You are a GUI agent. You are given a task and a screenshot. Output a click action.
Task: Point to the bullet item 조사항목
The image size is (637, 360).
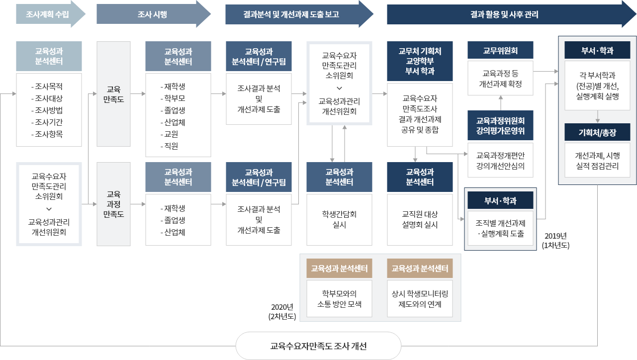tap(49, 134)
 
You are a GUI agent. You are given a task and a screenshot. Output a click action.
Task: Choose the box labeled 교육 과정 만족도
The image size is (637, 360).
tap(113, 204)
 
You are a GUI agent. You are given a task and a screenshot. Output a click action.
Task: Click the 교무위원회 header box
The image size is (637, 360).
tap(500, 50)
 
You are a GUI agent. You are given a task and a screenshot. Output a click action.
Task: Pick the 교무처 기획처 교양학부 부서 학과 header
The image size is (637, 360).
tap(420, 61)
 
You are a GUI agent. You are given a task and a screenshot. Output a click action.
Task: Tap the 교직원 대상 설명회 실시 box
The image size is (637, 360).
tap(420, 219)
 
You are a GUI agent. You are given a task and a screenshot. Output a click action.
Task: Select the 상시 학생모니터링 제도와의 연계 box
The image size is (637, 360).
tap(420, 298)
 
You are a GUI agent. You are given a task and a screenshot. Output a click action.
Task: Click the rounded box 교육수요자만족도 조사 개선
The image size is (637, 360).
tap(318, 346)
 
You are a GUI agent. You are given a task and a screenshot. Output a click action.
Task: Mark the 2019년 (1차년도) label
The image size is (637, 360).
tap(556, 241)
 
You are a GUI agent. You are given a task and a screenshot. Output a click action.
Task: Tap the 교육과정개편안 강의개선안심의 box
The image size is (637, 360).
tap(500, 160)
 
